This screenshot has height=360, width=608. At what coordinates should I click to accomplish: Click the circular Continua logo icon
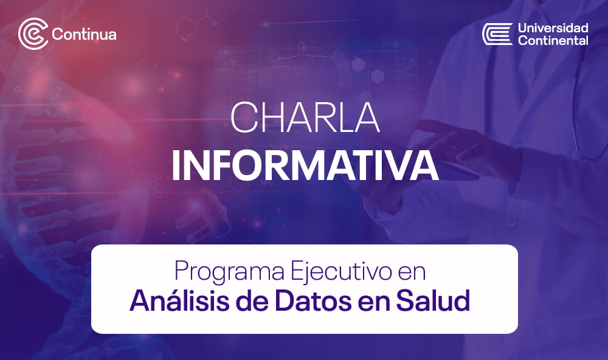coord(33,34)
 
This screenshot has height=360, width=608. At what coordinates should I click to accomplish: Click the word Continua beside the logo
coord(84,34)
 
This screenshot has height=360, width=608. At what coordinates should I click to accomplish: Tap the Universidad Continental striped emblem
coord(497,34)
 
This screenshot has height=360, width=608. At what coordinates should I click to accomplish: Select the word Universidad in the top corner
coord(553,27)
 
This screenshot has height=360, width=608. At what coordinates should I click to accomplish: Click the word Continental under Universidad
coord(553,40)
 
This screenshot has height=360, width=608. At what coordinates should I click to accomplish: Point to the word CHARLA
coord(305,117)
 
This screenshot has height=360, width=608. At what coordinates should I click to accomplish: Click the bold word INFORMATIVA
coord(305,165)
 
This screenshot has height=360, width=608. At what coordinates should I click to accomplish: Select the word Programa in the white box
coord(229,272)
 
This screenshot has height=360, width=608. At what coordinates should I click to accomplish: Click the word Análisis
coord(179,300)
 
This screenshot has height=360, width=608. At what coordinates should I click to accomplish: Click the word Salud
coord(433,301)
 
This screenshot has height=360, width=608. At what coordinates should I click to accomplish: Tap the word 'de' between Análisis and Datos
coord(252,301)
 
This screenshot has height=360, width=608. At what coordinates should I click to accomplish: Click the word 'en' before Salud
coord(374,303)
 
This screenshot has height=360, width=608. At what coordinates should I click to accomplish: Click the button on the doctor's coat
coord(512,221)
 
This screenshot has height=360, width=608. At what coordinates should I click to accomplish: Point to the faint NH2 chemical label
coord(267,182)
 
